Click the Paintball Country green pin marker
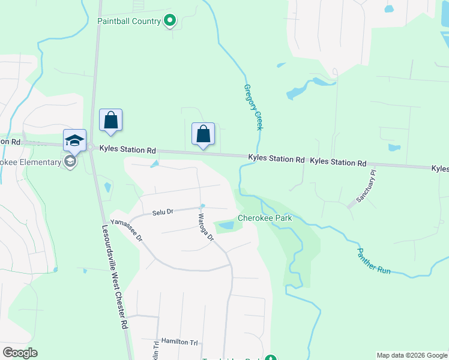170,22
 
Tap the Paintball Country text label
129,22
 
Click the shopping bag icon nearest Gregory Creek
203,134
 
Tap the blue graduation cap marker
74,141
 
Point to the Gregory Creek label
253,107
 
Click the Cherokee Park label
265,218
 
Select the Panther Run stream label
374,262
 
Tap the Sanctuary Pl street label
366,185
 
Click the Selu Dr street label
162,212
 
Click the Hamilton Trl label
179,342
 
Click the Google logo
20,353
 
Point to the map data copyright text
412,355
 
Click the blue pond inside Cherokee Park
226,226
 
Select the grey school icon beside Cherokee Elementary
70,161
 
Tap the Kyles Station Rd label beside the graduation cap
127,149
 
